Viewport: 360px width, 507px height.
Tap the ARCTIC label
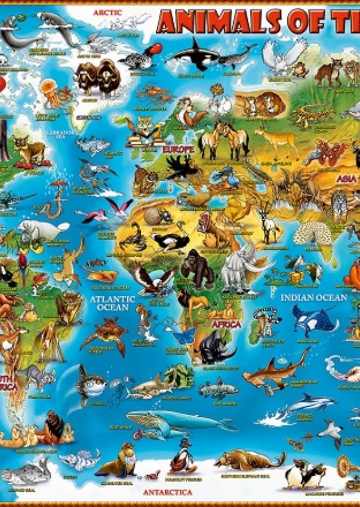point(108,12)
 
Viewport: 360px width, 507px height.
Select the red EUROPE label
point(178,149)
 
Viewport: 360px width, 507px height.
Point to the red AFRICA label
point(227,324)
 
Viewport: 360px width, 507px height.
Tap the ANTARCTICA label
point(167,492)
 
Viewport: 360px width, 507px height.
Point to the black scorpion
point(132,236)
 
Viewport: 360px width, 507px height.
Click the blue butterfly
point(184,336)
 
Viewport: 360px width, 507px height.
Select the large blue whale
point(178,420)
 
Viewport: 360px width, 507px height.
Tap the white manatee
point(40,230)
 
